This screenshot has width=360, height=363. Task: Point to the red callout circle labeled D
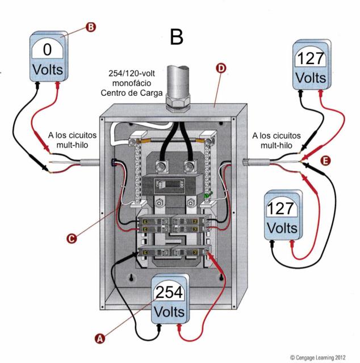pos(221,69)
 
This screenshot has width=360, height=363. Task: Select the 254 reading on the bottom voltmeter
pos(169,293)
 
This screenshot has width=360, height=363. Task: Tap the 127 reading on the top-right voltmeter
pos(311,57)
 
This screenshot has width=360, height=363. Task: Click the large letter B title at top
pos(177,37)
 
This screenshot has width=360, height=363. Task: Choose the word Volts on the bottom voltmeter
pos(169,312)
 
